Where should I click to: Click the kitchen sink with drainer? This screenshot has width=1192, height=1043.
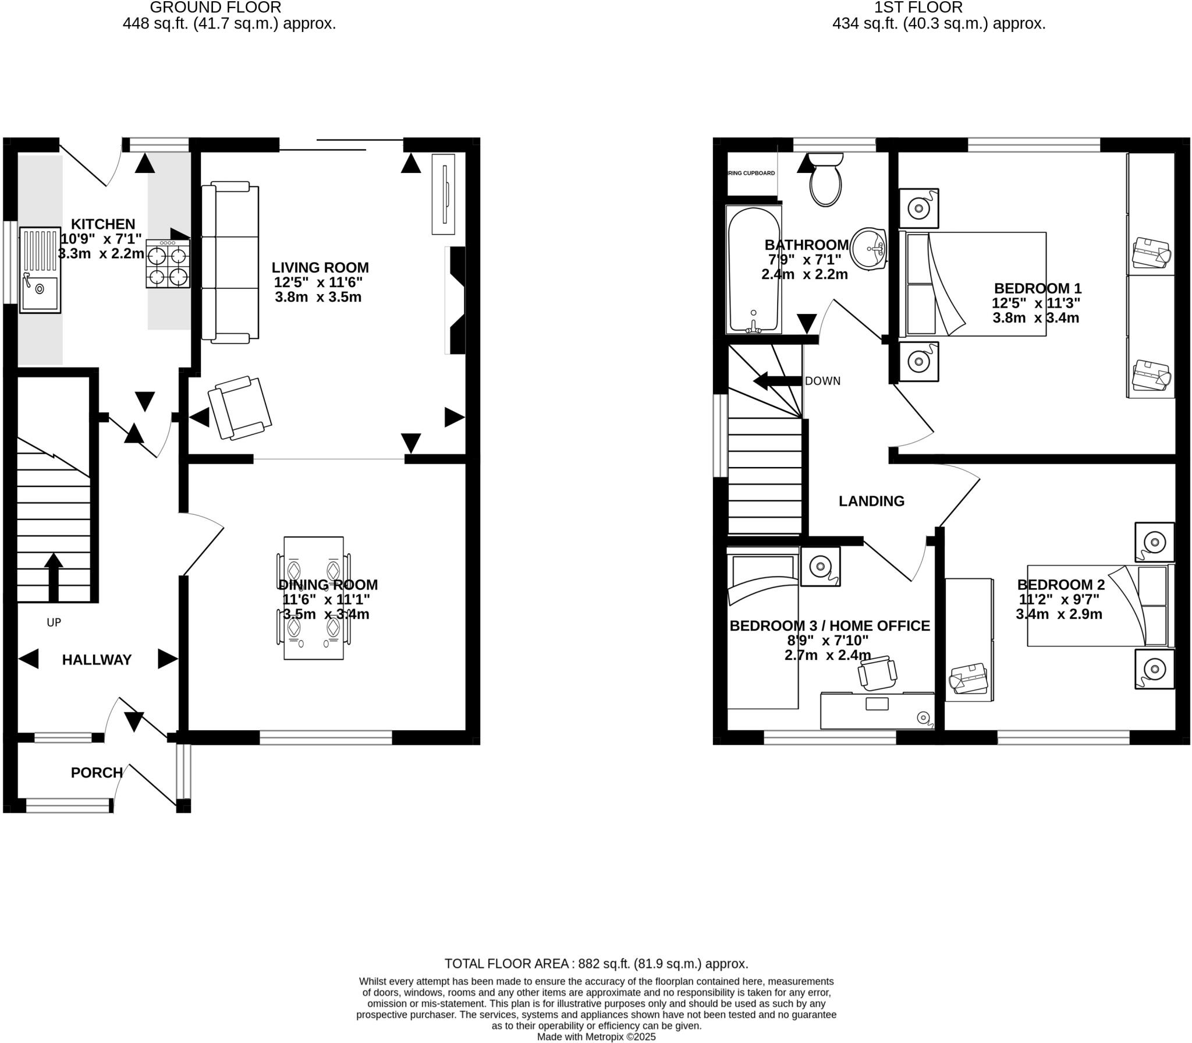pos(40,270)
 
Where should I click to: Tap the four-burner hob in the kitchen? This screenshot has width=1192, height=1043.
pos(168,264)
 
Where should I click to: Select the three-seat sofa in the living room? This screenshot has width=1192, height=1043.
pos(230,262)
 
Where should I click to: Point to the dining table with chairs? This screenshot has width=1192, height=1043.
pos(313,598)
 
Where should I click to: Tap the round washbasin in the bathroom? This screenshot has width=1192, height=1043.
pos(868,249)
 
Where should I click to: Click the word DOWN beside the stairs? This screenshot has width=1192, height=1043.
pos(822,381)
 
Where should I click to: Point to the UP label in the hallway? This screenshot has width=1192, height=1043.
pos(54,623)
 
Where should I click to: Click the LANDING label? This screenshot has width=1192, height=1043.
pos(871,501)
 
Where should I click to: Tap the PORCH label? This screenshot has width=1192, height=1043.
pos(97,772)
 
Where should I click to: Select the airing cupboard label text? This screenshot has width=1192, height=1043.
pos(751,173)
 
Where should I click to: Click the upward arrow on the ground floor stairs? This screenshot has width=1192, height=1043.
pos(54,577)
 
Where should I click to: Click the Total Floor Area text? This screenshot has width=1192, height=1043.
pos(596,963)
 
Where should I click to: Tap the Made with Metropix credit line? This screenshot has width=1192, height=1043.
pos(596,1037)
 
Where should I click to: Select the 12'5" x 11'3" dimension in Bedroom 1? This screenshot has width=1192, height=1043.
pos(1036,303)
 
